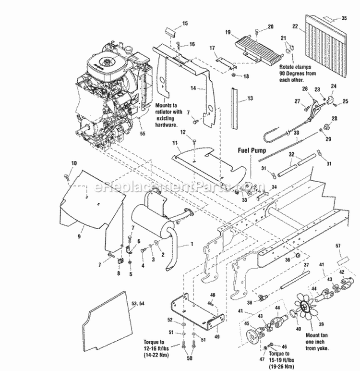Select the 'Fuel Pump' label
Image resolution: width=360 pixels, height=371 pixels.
click(252, 149)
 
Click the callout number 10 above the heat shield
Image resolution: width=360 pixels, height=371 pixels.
click(73, 164)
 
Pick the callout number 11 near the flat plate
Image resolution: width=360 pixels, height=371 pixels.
click(176, 143)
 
